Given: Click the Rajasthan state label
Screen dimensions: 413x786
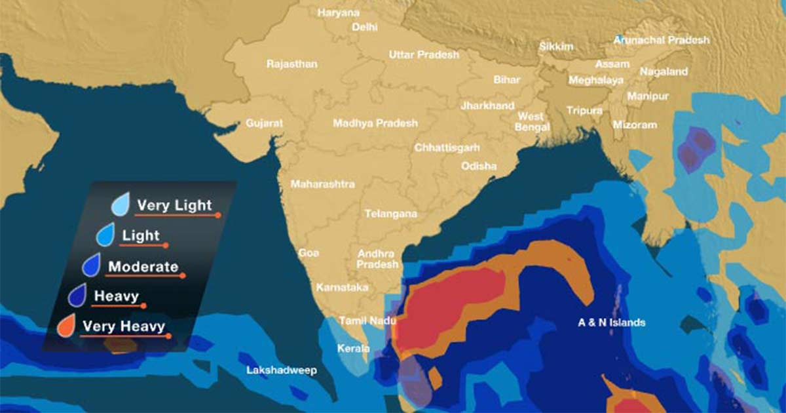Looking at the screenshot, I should coord(291,64).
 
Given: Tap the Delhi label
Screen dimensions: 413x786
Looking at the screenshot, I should coord(364,27).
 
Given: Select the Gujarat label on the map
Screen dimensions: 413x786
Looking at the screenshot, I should coord(264,123).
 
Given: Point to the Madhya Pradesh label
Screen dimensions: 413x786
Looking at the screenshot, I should coord(375,123).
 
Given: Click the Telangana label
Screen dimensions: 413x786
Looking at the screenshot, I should coord(390,214).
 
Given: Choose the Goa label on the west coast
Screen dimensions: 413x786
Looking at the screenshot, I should coord(309,252).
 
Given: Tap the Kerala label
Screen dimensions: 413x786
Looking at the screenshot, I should coord(353,348).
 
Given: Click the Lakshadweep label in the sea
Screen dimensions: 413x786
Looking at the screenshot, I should coord(281,370).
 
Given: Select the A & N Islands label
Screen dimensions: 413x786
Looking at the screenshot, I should coord(611,323).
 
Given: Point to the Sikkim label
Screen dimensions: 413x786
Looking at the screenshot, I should coord(555,47).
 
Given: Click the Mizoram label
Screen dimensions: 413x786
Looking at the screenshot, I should coord(634,125).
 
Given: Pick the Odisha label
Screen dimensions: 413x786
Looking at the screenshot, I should coord(478,166).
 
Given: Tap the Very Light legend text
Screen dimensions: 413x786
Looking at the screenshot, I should coord(174,205).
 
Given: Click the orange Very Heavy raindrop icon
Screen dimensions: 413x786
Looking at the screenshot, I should coord(65,326).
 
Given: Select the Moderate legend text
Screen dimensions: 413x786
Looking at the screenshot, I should coord(143,267).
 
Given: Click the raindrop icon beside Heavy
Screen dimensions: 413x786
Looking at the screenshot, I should coord(78,295).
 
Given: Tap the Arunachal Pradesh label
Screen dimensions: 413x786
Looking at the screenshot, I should coord(661,40).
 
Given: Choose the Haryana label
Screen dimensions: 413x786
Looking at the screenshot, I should coord(338,12).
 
